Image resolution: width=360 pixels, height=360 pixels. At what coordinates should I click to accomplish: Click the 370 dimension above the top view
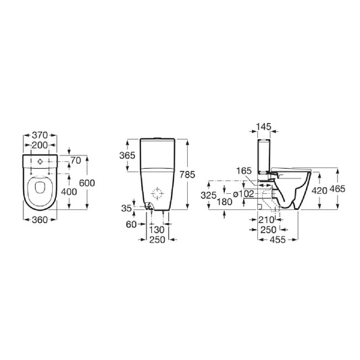40,135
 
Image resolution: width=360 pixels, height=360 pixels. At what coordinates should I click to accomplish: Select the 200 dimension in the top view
40,145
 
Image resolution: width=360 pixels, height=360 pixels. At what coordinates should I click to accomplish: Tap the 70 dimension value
76,161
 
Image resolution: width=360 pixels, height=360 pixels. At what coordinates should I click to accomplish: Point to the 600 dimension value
86,183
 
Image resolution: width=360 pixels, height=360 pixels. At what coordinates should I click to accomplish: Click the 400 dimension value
69,192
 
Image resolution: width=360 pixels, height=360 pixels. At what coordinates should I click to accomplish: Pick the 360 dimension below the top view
40,220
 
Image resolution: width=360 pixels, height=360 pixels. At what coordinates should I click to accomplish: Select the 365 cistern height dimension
127,155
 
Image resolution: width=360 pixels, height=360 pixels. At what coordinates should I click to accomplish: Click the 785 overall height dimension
187,174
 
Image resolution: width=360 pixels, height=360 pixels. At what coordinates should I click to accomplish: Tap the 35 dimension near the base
126,208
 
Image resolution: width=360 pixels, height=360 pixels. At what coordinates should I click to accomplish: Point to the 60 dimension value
131,224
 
